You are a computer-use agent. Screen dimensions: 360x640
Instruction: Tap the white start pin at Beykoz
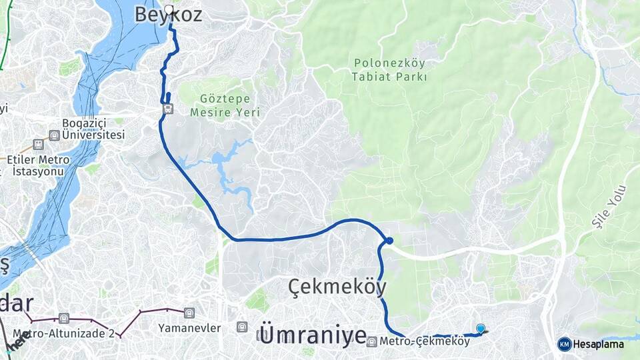[x=169, y=11]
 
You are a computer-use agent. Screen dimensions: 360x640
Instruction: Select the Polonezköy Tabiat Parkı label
[x=390, y=70]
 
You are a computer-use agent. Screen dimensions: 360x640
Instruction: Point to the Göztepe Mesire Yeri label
[x=225, y=105]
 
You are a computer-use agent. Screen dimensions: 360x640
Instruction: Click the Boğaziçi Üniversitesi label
[x=93, y=129]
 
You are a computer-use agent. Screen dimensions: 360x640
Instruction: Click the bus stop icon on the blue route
[x=168, y=109]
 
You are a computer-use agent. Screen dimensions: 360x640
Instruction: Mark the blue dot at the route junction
[x=389, y=241]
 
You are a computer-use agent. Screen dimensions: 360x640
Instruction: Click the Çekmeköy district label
[x=337, y=287]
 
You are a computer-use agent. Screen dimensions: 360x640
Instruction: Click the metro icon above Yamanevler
[x=189, y=311]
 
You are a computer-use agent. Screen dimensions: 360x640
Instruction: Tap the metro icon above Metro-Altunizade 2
[x=63, y=318]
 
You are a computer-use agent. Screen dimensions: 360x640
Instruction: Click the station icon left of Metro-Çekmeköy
[x=372, y=341]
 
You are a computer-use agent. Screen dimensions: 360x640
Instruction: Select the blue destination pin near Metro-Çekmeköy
[x=480, y=329]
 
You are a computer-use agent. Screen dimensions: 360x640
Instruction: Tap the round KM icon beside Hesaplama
[x=564, y=344]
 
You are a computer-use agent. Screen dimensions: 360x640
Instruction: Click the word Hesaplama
[x=600, y=345]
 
